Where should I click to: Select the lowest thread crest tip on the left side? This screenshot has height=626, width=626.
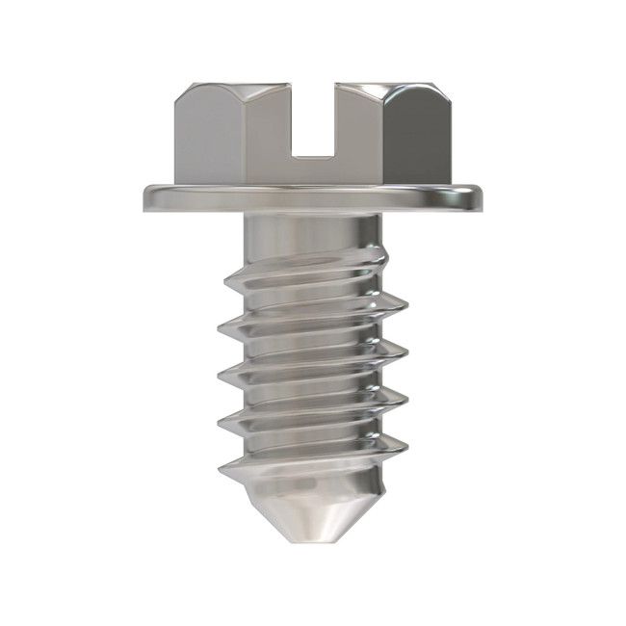tap(219, 471)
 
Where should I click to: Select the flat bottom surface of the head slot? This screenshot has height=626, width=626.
tap(313, 151)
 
